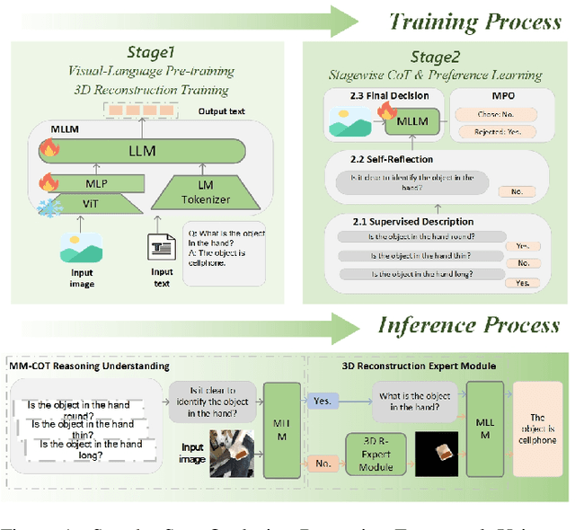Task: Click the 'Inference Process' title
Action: coord(468,324)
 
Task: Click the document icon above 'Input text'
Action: coord(162,249)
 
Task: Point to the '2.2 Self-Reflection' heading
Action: coord(392,159)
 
